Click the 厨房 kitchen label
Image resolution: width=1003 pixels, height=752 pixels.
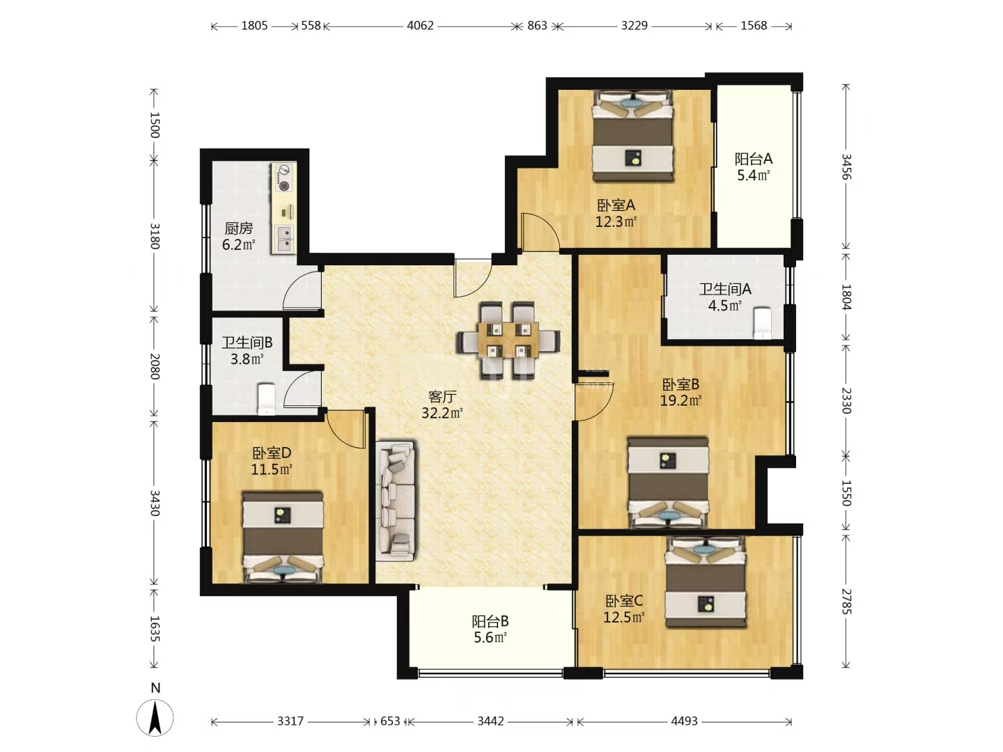coord(238,228)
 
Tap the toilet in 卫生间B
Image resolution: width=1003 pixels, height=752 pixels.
coord(266,399)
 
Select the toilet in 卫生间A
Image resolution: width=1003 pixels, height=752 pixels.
coord(762,323)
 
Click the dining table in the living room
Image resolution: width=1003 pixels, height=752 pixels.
coord(508,340)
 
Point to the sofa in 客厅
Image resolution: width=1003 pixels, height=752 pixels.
coord(396,501)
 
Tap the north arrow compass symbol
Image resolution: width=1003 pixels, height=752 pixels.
coord(155,717)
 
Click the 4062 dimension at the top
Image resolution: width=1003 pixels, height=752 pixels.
coord(420,26)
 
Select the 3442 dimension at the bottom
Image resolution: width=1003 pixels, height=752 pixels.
coord(490,721)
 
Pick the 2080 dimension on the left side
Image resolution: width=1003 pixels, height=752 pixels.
coord(155,366)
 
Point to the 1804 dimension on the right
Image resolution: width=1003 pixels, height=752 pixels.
coord(846,297)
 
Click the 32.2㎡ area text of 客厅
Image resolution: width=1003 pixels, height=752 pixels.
coord(442,413)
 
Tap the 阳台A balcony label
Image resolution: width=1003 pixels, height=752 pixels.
coord(754,159)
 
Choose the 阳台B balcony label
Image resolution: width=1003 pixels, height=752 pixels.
coord(490,621)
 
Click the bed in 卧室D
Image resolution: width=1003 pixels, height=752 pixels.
coord(283,537)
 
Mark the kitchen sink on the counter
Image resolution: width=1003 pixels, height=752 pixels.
coord(283,240)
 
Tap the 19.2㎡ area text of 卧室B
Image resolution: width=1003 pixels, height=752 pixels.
coord(681,401)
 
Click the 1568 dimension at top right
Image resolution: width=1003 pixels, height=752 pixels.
coord(754,26)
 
